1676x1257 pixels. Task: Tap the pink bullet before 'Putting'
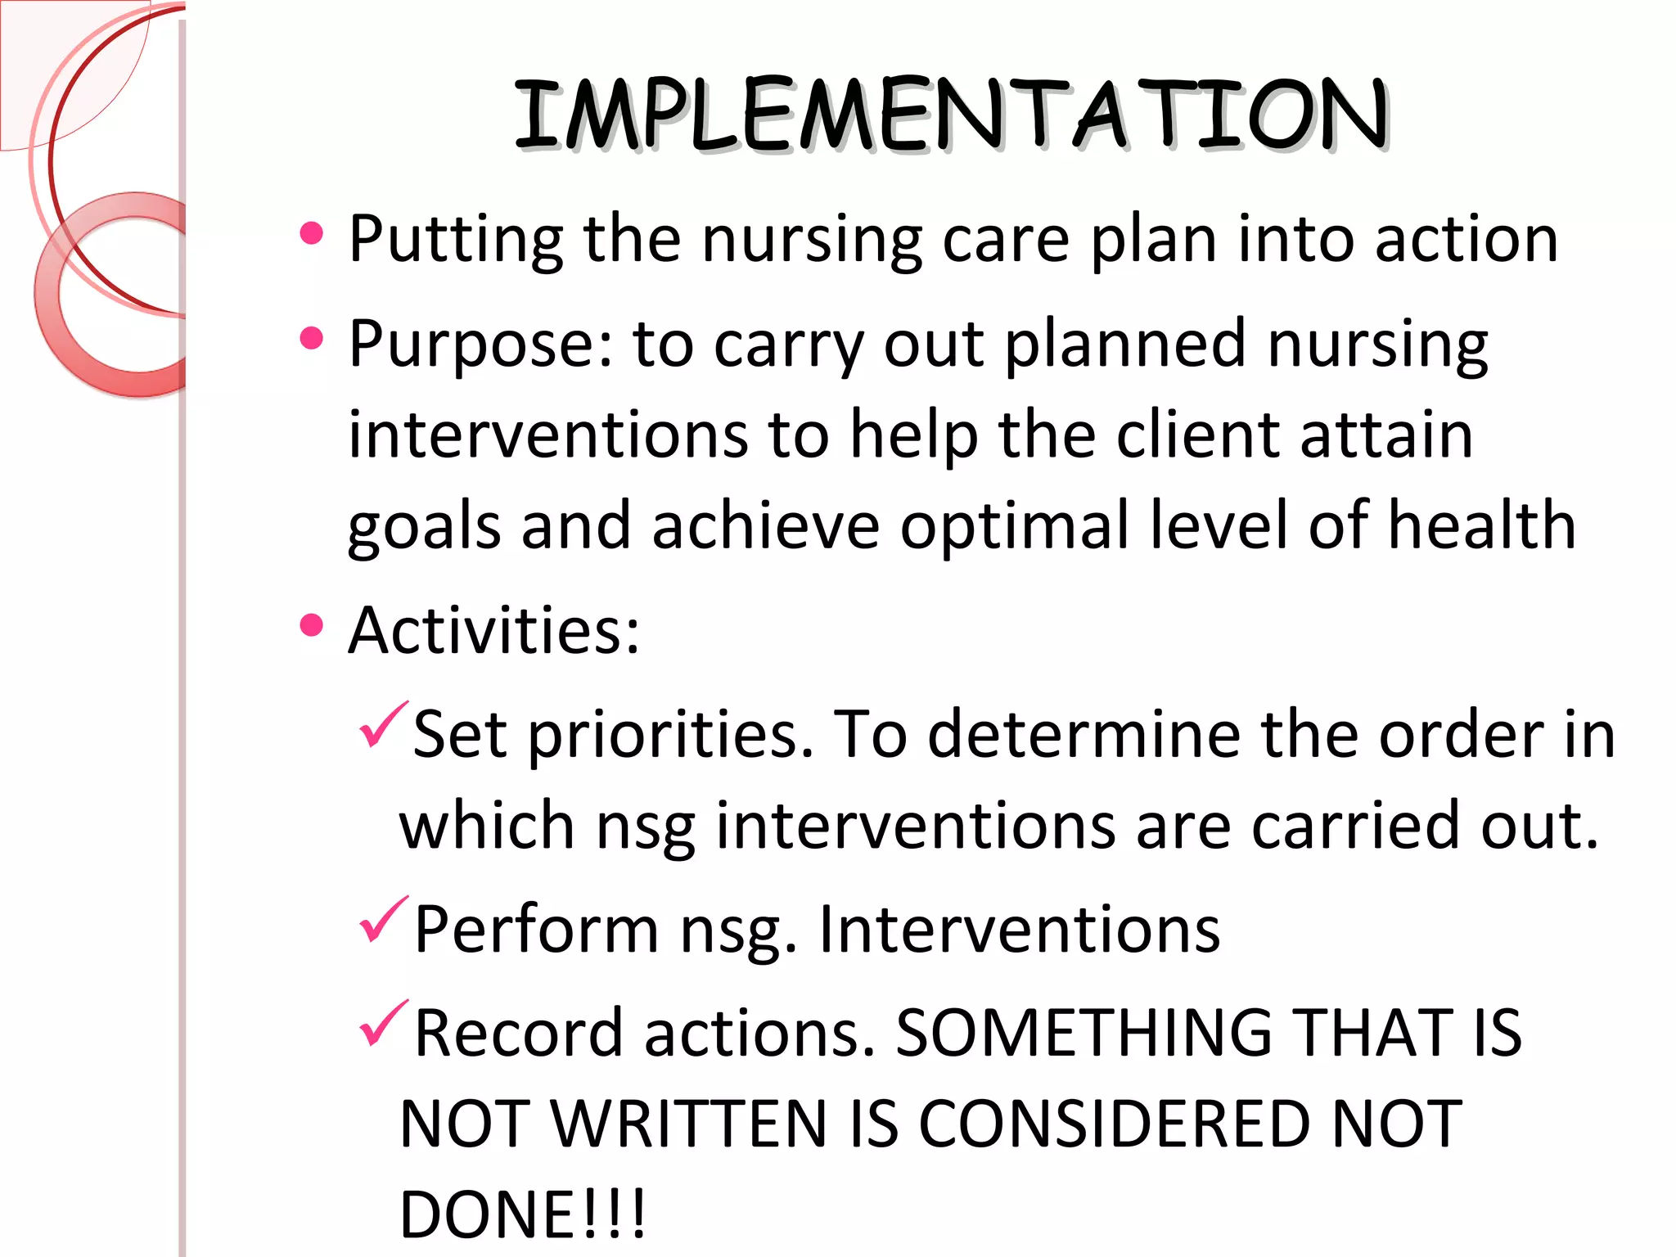coord(312,234)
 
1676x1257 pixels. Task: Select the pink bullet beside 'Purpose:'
coord(312,339)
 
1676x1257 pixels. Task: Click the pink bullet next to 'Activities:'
coord(312,626)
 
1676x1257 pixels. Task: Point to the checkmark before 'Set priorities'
coord(383,725)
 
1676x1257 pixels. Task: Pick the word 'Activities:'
coord(493,631)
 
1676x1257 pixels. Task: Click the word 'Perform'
coord(537,930)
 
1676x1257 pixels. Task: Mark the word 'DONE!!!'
coord(523,1214)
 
